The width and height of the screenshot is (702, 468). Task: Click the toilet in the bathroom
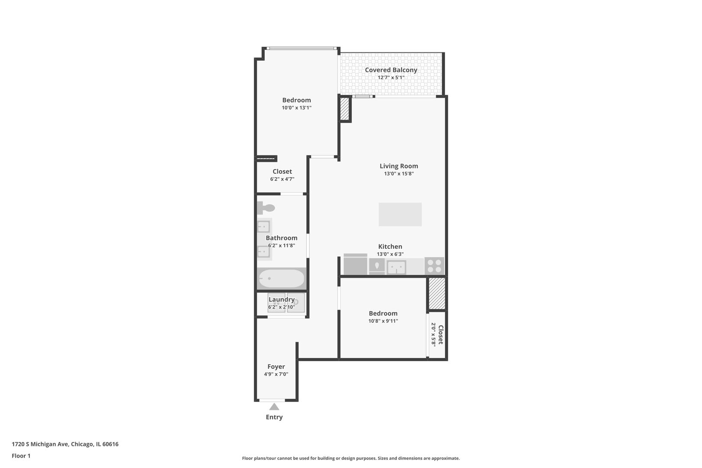pyautogui.click(x=265, y=208)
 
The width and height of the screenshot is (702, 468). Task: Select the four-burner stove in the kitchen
pyautogui.click(x=434, y=266)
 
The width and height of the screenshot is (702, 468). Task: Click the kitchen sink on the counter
pyautogui.click(x=396, y=267)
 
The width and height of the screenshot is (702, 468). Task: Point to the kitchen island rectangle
pyautogui.click(x=400, y=214)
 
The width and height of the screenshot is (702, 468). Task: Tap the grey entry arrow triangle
pyautogui.click(x=274, y=406)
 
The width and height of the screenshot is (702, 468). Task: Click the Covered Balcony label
pyautogui.click(x=391, y=70)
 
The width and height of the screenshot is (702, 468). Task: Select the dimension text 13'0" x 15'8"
pyautogui.click(x=399, y=174)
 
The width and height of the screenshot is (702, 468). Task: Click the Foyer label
pyautogui.click(x=276, y=367)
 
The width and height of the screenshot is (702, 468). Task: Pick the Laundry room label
pyautogui.click(x=282, y=299)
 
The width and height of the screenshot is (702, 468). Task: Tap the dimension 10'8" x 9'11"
pyautogui.click(x=383, y=321)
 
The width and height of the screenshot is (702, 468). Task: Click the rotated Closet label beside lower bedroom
pyautogui.click(x=440, y=335)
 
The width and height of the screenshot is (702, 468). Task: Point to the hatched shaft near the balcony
pyautogui.click(x=345, y=109)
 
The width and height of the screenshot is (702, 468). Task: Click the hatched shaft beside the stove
pyautogui.click(x=437, y=293)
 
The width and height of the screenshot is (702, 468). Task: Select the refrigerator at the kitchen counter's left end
pyautogui.click(x=355, y=265)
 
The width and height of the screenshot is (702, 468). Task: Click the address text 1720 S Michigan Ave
pyautogui.click(x=65, y=444)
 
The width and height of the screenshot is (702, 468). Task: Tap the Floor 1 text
pyautogui.click(x=21, y=456)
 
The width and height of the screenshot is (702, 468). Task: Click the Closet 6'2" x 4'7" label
pyautogui.click(x=282, y=172)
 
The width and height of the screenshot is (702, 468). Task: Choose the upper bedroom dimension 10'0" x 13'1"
pyautogui.click(x=296, y=108)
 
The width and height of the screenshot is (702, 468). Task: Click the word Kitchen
pyautogui.click(x=390, y=247)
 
